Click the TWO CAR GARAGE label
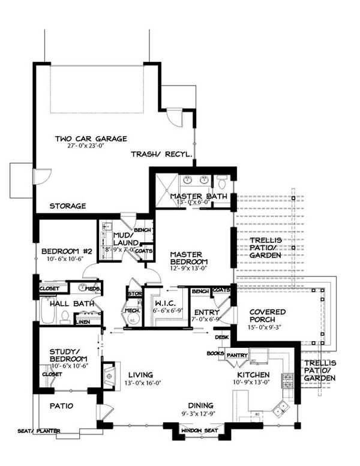tap(91, 139)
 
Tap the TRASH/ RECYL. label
tap(162, 154)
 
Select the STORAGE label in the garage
tap(67, 206)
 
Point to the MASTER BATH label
tap(198, 196)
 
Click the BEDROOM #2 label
tap(66, 251)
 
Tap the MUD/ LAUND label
tap(126, 239)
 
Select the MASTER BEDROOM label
tap(188, 258)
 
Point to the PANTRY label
tap(238, 354)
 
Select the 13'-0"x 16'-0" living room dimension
tap(144, 383)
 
